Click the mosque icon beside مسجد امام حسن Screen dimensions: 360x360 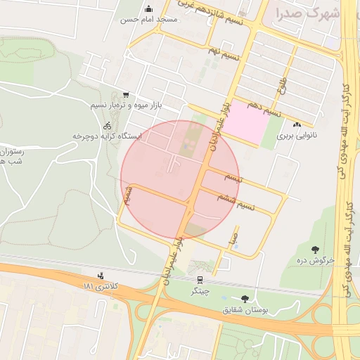[x=148, y=9]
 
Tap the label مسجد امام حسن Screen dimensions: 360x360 [x=148, y=20]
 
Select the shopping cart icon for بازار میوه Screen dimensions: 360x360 [x=126, y=95]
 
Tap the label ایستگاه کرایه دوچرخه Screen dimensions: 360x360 [x=107, y=136]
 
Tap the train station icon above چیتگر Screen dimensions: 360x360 [x=199, y=278]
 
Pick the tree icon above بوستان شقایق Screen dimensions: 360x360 [x=245, y=298]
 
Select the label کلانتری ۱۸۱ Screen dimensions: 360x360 [x=101, y=287]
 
